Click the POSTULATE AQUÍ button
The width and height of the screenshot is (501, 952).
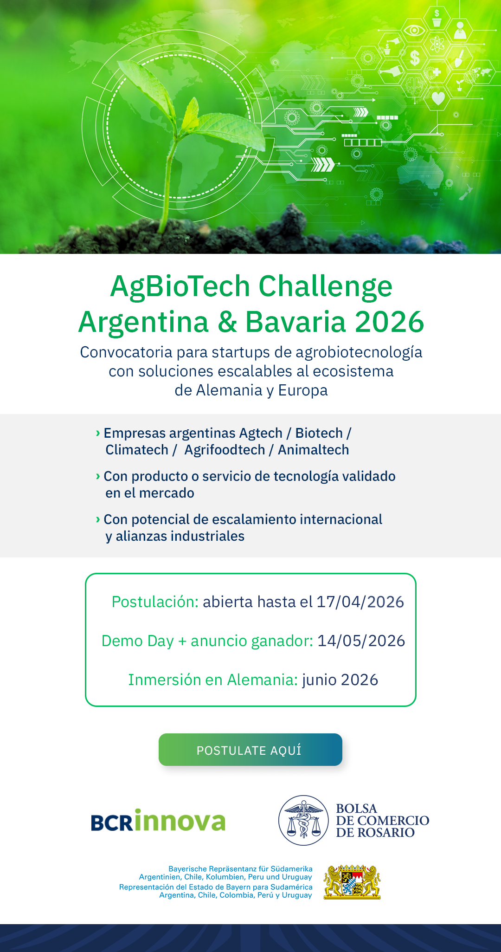coord(250,750)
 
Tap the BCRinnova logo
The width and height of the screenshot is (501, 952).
coord(158,820)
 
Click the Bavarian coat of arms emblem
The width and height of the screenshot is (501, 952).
coord(352,882)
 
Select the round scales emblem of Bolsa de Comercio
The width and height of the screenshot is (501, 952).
coord(303,820)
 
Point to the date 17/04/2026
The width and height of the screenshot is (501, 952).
coord(360,602)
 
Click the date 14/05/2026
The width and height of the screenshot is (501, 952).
coord(361,641)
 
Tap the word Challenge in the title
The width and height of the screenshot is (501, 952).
coord(325,286)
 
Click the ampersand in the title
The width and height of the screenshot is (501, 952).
coord(227,322)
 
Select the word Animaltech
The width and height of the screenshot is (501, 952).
coord(314,450)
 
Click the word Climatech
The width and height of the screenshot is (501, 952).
coord(137,450)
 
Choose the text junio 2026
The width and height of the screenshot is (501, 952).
coord(340,680)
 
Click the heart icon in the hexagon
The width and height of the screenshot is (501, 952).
coord(438,98)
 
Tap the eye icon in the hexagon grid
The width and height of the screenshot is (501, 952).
coord(414,31)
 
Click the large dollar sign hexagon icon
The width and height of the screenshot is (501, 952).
coord(415,58)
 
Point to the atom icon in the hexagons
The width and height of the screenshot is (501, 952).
coord(437,45)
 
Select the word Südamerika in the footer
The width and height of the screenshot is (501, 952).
coord(292,868)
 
